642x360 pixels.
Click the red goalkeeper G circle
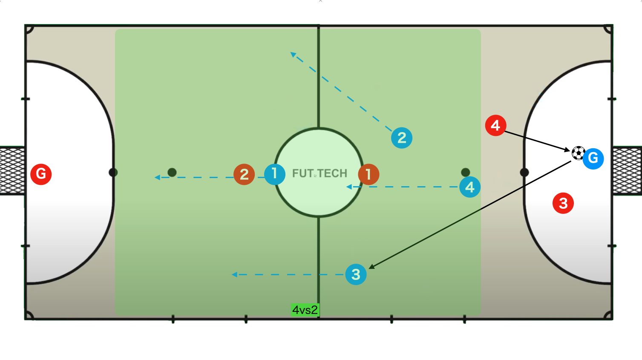pyautogui.click(x=41, y=174)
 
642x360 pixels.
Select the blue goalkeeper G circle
pyautogui.click(x=593, y=158)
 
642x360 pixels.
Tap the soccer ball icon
pyautogui.click(x=579, y=153)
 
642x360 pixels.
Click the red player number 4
pyautogui.click(x=495, y=126)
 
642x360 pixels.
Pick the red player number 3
pyautogui.click(x=563, y=204)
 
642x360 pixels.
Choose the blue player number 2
pyautogui.click(x=402, y=138)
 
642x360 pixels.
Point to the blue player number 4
pyautogui.click(x=470, y=187)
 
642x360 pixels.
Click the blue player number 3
pyautogui.click(x=356, y=274)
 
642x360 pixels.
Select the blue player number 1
pyautogui.click(x=275, y=174)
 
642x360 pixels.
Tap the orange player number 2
pyautogui.click(x=244, y=174)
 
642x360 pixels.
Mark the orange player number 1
pyautogui.click(x=369, y=174)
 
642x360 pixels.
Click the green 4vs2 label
pyautogui.click(x=305, y=310)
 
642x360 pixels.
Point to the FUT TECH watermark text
pyautogui.click(x=320, y=173)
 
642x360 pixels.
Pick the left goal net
pyautogui.click(x=12, y=171)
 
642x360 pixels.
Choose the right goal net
pyautogui.click(x=627, y=171)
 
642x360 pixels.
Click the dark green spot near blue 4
pyautogui.click(x=466, y=172)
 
